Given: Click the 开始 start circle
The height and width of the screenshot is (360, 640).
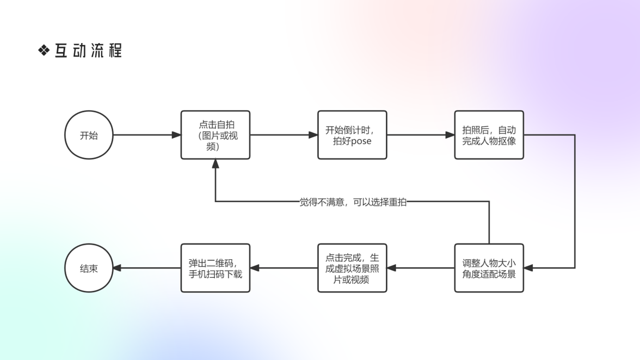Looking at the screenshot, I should (89, 135).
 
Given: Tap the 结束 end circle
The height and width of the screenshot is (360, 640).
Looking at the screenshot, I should (89, 268).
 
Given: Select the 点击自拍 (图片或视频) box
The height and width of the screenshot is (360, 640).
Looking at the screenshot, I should (216, 135).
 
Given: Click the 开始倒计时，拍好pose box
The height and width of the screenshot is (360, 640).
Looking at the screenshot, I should (352, 135).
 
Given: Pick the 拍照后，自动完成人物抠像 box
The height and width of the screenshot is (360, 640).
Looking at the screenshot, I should (489, 135).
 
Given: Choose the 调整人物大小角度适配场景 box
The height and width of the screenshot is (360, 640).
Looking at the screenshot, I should (489, 268).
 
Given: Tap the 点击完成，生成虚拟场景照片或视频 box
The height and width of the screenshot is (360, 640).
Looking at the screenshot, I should (352, 268).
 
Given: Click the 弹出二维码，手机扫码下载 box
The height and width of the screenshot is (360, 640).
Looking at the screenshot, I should (216, 268).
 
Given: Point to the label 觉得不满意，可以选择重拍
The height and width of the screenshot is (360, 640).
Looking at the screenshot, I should (353, 202).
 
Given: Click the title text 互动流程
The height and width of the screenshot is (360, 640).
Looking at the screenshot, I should (88, 51).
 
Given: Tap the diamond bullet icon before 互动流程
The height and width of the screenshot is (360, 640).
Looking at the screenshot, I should (44, 51).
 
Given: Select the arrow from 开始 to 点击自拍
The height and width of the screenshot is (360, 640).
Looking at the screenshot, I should (147, 135).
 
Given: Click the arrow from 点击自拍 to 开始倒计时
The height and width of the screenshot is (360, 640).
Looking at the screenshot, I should (284, 135).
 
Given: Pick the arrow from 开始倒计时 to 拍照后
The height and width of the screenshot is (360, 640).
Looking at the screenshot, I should (421, 135).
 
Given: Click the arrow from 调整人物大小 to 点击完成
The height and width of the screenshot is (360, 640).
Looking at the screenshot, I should (421, 268).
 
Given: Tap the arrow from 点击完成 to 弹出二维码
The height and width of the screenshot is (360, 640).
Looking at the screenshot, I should (284, 268).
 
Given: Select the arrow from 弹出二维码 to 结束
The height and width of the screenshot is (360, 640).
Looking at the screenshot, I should (147, 268).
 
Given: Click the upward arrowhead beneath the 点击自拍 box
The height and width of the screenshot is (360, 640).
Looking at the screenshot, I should (216, 164).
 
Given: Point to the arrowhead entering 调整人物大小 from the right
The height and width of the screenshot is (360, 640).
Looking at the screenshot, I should (528, 268).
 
